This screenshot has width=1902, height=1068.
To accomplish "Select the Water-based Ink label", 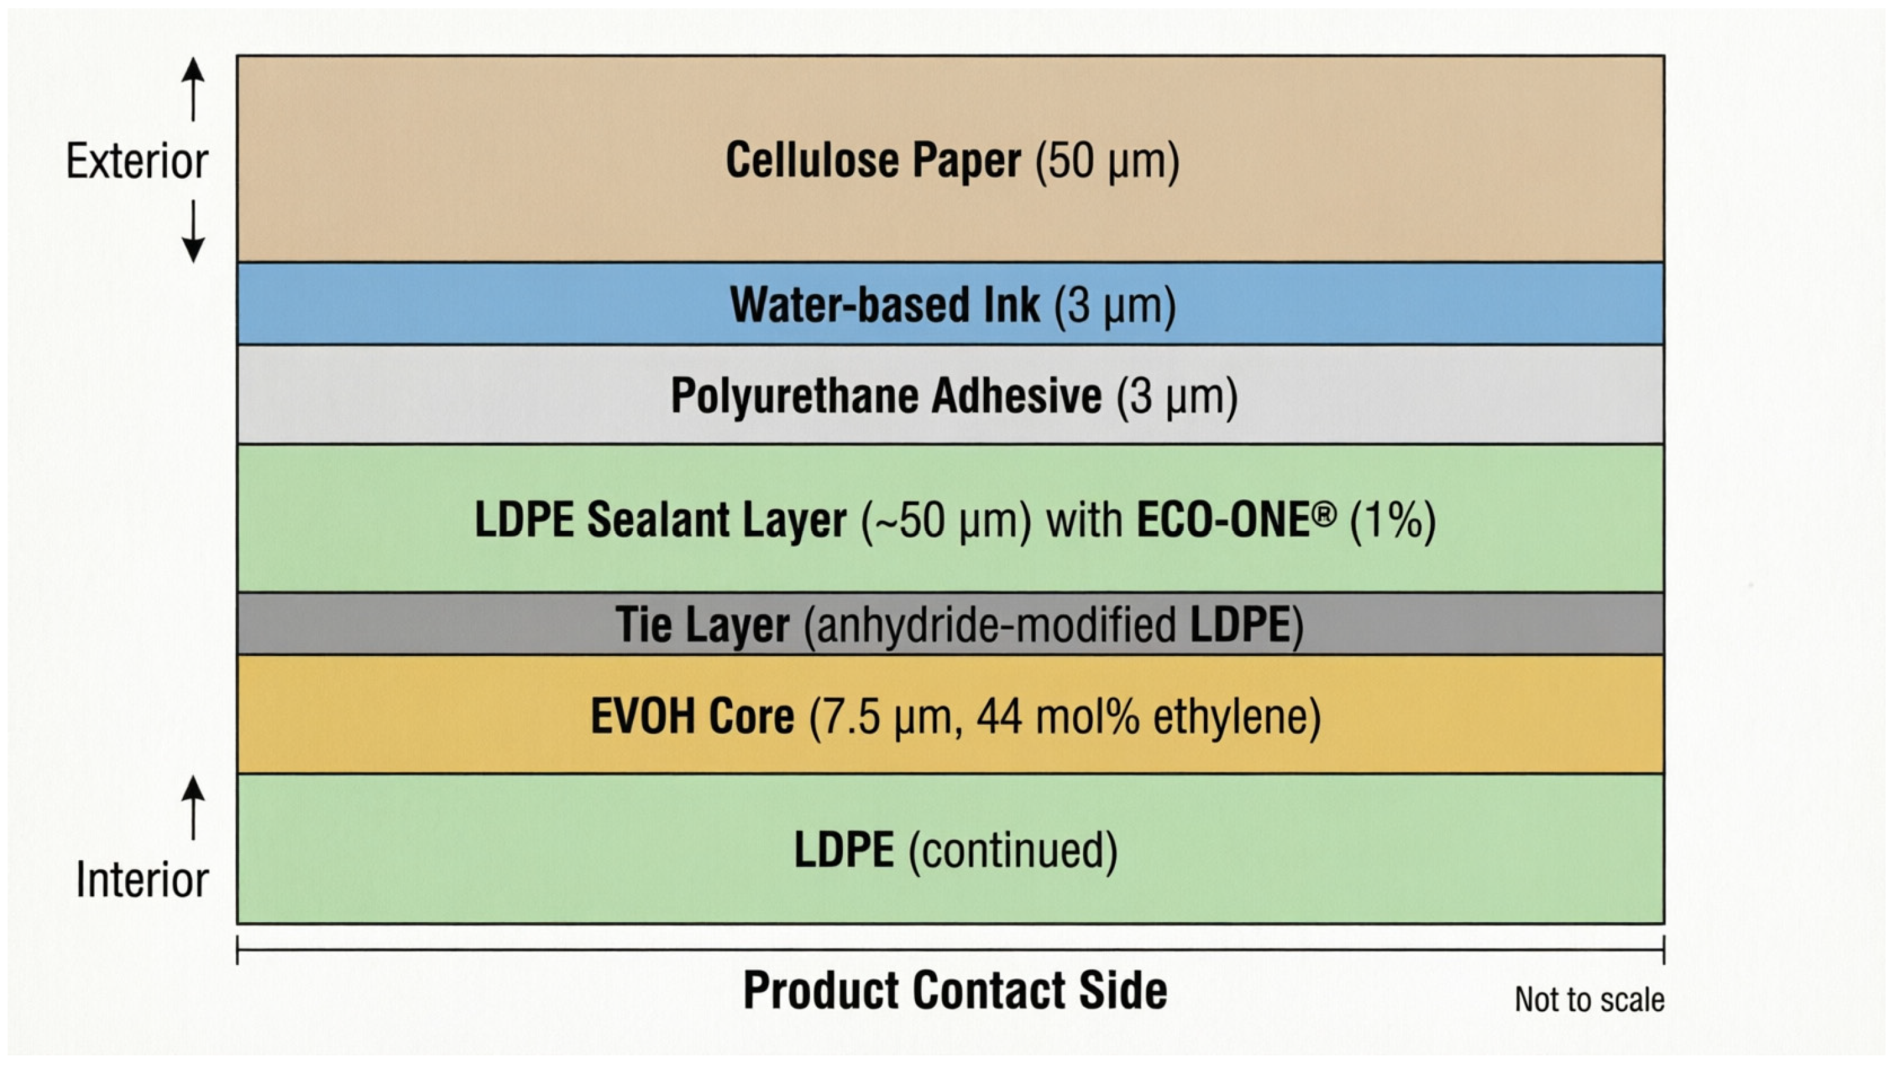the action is pos(885,304).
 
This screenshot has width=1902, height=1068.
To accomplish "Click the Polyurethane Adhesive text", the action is pos(886,396).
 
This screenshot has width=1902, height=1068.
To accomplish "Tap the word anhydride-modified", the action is pos(997,624).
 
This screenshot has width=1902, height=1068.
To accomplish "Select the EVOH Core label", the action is pos(692,716).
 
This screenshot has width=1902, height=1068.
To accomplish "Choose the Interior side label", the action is pos(142,879).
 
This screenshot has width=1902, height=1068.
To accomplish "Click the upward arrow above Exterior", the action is pos(193,89).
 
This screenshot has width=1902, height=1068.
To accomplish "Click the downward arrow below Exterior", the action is pos(193,231).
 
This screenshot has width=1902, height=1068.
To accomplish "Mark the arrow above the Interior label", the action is pos(193,808).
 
